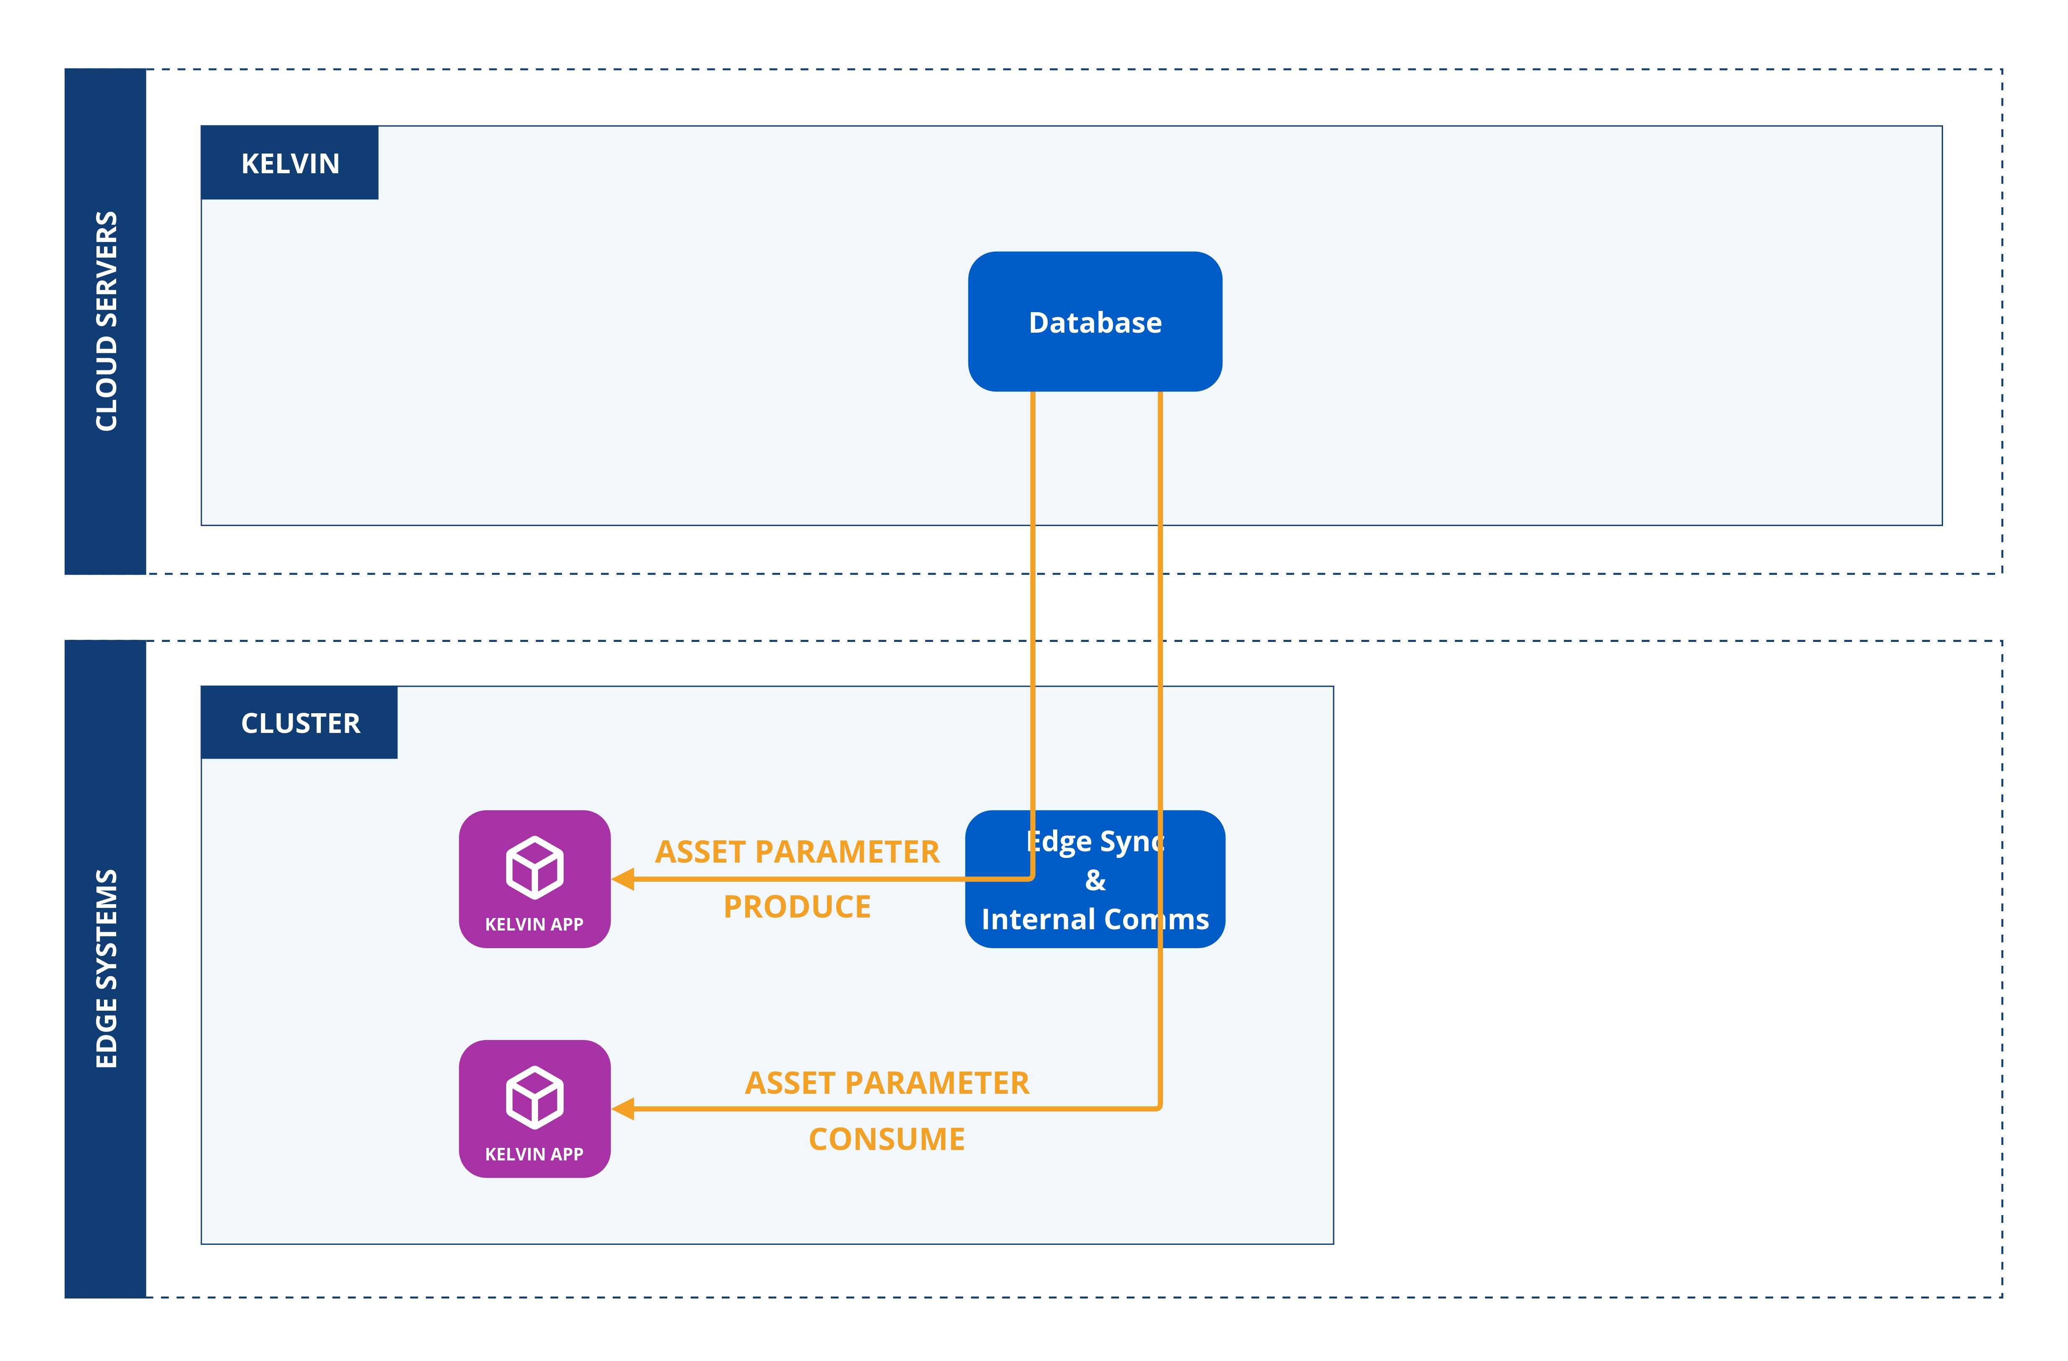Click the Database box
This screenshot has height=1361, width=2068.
pos(1095,321)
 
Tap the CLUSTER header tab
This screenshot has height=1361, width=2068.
pos(300,723)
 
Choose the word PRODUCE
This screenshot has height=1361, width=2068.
pos(797,907)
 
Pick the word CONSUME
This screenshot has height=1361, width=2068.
pos(886,1139)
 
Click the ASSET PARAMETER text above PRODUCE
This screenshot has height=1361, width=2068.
pos(797,852)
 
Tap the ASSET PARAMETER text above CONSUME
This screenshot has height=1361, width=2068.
pos(886,1083)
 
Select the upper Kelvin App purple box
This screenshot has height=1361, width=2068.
pos(534,879)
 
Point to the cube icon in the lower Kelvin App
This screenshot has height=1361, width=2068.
pos(534,1097)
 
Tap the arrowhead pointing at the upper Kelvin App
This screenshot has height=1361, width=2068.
pos(623,879)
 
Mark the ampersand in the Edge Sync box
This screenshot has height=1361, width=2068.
pos(1095,880)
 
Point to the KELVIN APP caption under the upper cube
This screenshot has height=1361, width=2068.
pos(534,925)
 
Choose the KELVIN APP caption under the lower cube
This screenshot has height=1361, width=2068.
pos(534,1154)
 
